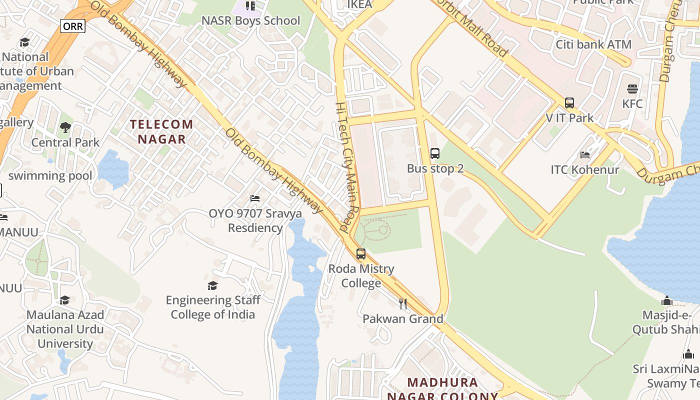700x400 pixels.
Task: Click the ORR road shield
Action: pos(72,26)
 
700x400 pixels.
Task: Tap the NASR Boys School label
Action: pos(250,21)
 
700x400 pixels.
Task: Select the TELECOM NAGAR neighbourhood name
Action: pos(161,131)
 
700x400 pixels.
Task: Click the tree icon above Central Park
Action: pos(65,128)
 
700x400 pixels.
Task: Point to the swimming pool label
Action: pos(50,176)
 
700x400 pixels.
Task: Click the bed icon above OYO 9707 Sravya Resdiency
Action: pos(255,198)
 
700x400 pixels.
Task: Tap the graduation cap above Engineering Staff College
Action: pos(213,285)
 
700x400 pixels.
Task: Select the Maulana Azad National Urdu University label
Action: pos(65,329)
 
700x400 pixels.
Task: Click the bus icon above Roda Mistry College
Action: pos(361,254)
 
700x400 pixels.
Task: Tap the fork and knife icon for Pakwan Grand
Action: pos(403,304)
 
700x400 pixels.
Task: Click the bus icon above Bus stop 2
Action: pos(435,153)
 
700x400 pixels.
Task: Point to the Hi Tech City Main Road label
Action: pos(348,167)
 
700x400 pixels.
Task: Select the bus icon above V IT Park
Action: pos(569,103)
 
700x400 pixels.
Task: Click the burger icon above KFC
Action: pos(632,89)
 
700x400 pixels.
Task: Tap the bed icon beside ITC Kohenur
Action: pos(585,155)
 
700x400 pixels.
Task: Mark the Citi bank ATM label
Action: pos(593,44)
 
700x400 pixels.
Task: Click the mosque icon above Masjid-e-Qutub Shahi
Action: pos(667,300)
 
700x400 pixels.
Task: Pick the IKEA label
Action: pos(359,5)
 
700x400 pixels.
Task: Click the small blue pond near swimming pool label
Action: pos(113,169)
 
